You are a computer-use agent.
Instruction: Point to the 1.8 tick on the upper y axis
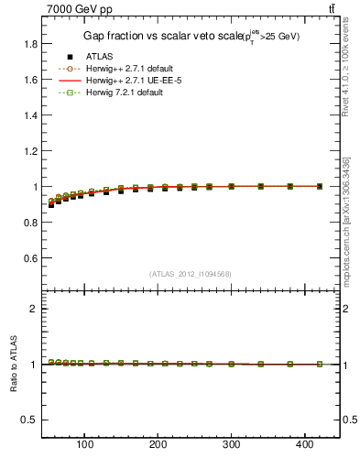pyautogui.click(x=29, y=44)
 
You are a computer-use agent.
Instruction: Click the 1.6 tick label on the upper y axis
pyautogui.click(x=29, y=80)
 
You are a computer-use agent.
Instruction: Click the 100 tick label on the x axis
pyautogui.click(x=84, y=446)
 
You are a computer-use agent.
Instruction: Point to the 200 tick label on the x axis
pyautogui.click(x=158, y=446)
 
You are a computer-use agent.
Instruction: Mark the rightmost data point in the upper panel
pyautogui.click(x=319, y=186)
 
